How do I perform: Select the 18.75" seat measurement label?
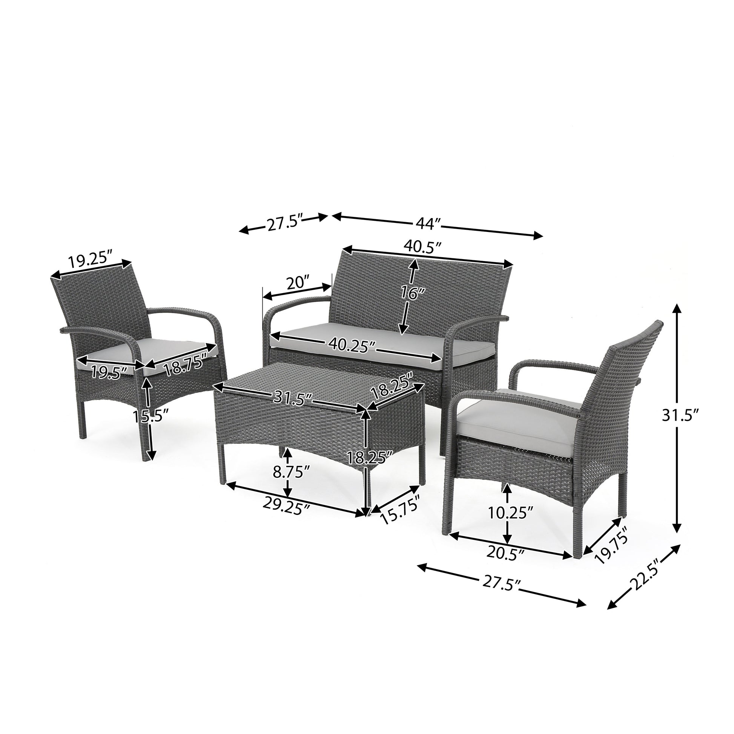click(x=181, y=365)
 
